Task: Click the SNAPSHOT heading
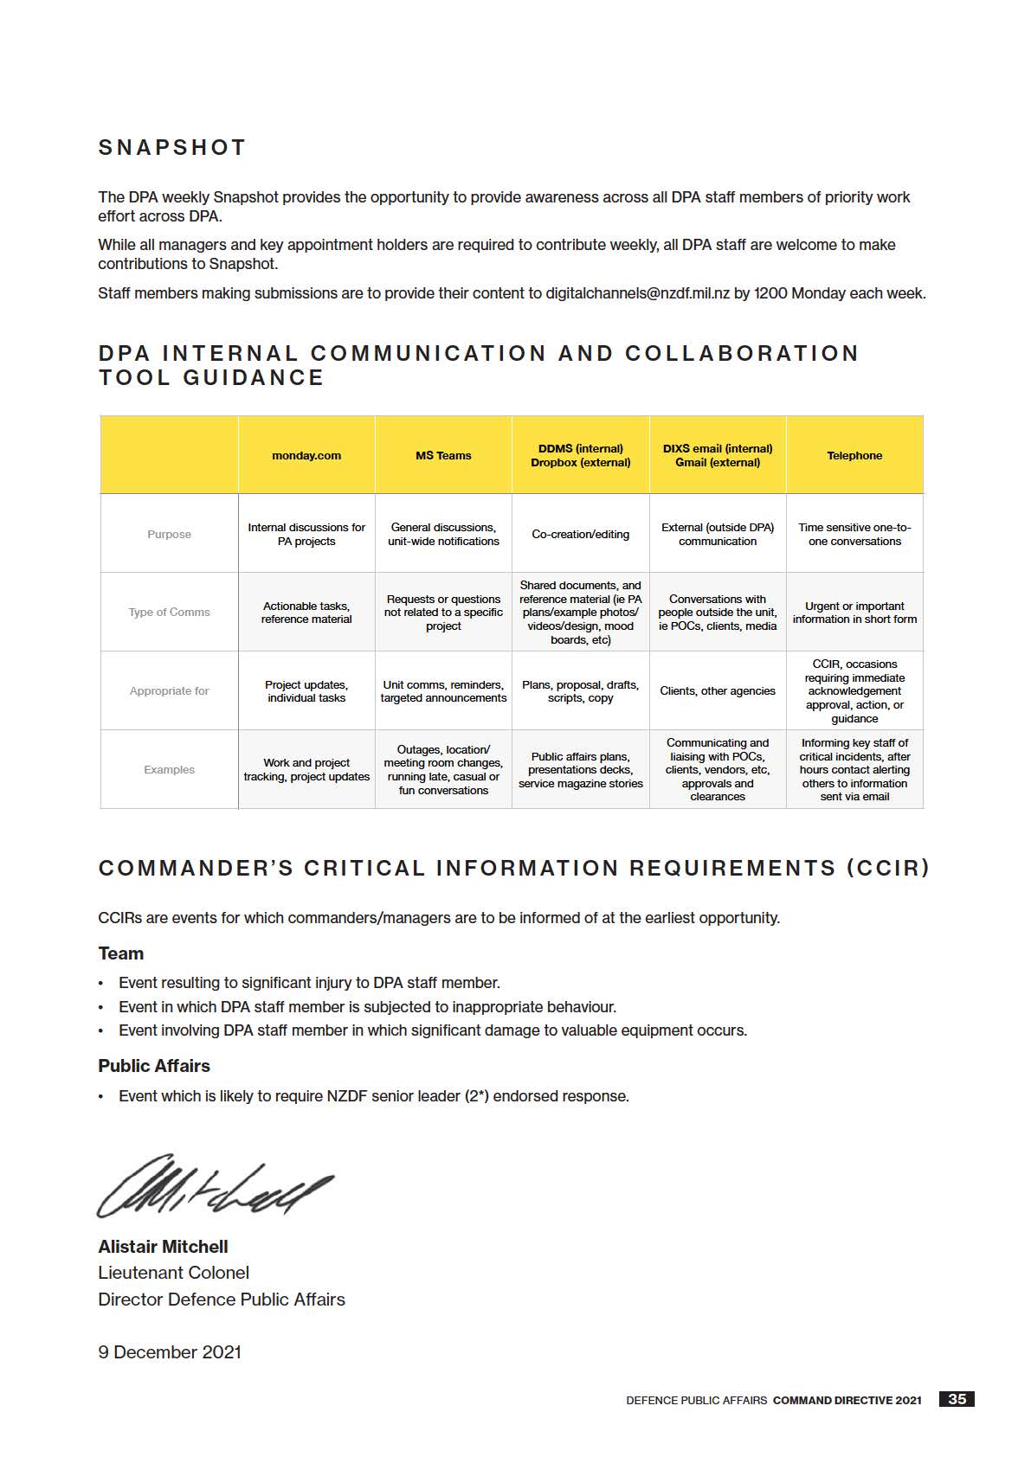(x=172, y=148)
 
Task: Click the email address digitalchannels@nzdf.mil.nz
(x=637, y=293)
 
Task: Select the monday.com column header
(x=306, y=456)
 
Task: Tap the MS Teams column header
(x=443, y=456)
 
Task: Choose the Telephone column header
(x=854, y=456)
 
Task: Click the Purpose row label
(x=169, y=535)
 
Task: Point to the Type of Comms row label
(x=169, y=613)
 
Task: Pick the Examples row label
(x=169, y=770)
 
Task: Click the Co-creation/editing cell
(x=580, y=535)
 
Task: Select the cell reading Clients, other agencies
(x=718, y=691)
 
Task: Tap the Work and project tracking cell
(x=306, y=770)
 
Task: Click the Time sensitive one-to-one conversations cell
(x=854, y=535)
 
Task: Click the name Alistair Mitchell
(x=163, y=1247)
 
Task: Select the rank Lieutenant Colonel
(x=173, y=1273)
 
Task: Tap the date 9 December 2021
(x=170, y=1352)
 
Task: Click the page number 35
(x=957, y=1399)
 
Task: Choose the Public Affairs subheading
(x=154, y=1066)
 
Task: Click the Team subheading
(x=120, y=953)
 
